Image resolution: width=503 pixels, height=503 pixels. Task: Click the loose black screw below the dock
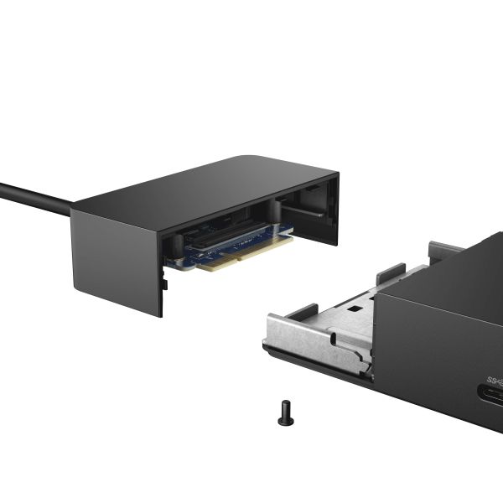(286, 411)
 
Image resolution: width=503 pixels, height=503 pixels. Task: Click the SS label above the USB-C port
(493, 370)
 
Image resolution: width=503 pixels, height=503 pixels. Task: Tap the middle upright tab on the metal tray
(390, 273)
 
